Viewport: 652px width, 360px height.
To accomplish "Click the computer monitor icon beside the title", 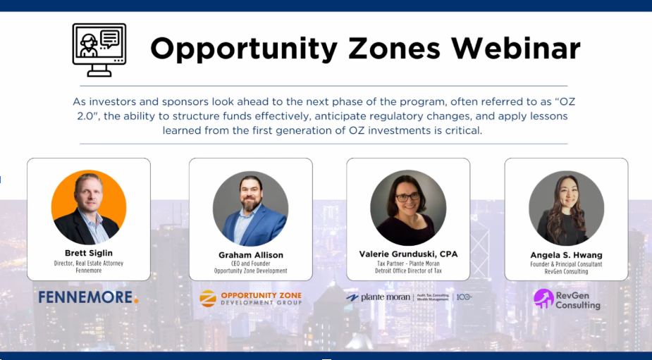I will (99, 49).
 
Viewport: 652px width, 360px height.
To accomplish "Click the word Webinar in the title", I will (516, 48).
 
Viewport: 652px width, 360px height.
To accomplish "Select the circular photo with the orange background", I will (89, 207).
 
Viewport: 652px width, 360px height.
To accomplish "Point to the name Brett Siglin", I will (89, 253).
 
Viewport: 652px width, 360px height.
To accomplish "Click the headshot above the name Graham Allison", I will (250, 209).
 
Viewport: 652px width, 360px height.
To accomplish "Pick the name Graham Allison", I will (250, 254).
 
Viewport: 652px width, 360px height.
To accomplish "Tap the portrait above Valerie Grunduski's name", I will (408, 208).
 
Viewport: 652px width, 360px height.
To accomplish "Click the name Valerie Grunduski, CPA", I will (408, 254).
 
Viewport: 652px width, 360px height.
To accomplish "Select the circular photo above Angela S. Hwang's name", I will (566, 209).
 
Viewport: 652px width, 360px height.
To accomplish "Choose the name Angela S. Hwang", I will (566, 255).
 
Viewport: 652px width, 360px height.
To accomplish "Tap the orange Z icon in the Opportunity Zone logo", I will (207, 299).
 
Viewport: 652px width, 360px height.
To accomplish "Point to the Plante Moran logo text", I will (384, 297).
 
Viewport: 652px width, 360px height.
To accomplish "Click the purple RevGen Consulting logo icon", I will (543, 299).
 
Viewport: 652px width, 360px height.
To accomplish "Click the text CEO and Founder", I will (250, 263).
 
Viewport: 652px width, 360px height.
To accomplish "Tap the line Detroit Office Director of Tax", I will (408, 271).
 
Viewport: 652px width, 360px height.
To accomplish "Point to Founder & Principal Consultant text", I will (566, 264).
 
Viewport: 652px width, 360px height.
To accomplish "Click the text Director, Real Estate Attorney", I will (89, 262).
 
